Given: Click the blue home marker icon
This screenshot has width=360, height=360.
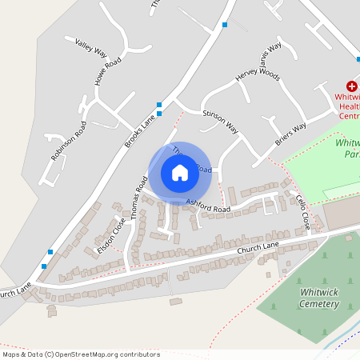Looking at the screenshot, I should pos(179,172).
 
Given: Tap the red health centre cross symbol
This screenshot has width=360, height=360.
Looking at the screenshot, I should pos(350,86).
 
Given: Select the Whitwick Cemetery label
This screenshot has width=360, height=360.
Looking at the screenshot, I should pos(319,298).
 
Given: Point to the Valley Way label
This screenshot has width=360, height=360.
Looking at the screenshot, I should pos(90,47).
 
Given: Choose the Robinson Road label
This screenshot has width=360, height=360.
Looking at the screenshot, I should pos(69,140).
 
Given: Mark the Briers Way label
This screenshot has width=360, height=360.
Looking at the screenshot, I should pos(290,131).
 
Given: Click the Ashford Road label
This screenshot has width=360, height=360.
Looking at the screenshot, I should pos(208,206).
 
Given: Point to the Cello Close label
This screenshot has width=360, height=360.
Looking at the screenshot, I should pos(302,213).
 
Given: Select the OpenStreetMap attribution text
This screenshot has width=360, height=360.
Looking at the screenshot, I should pos(81,354).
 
